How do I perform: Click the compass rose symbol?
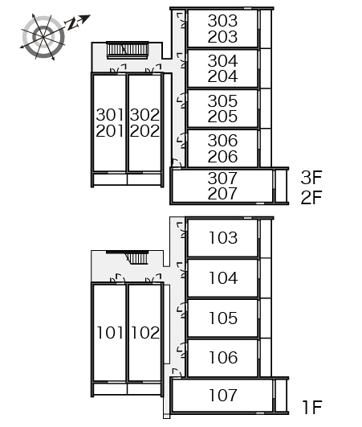pyautogui.click(x=43, y=37)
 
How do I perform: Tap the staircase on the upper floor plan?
pyautogui.click(x=128, y=50)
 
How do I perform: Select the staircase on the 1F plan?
pyautogui.click(x=137, y=258)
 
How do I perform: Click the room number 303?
pyautogui.click(x=222, y=21)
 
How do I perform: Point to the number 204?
pyautogui.click(x=222, y=76)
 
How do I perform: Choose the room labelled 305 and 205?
pyautogui.click(x=222, y=109)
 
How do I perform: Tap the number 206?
pyautogui.click(x=222, y=157)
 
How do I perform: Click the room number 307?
pyautogui.click(x=222, y=178)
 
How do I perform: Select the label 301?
pyautogui.click(x=109, y=115)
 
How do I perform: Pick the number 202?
pyautogui.click(x=144, y=131)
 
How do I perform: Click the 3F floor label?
pyautogui.click(x=311, y=177)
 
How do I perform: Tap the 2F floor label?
pyautogui.click(x=311, y=198)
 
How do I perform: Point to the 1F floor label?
pyautogui.click(x=312, y=407)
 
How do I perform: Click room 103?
pyautogui.click(x=222, y=238)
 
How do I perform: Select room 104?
pyautogui.click(x=222, y=277)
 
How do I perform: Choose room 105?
pyautogui.click(x=222, y=318)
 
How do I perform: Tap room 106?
pyautogui.click(x=222, y=358)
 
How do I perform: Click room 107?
pyautogui.click(x=222, y=395)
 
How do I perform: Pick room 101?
pyautogui.click(x=109, y=332)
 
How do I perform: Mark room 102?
pyautogui.click(x=144, y=332)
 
